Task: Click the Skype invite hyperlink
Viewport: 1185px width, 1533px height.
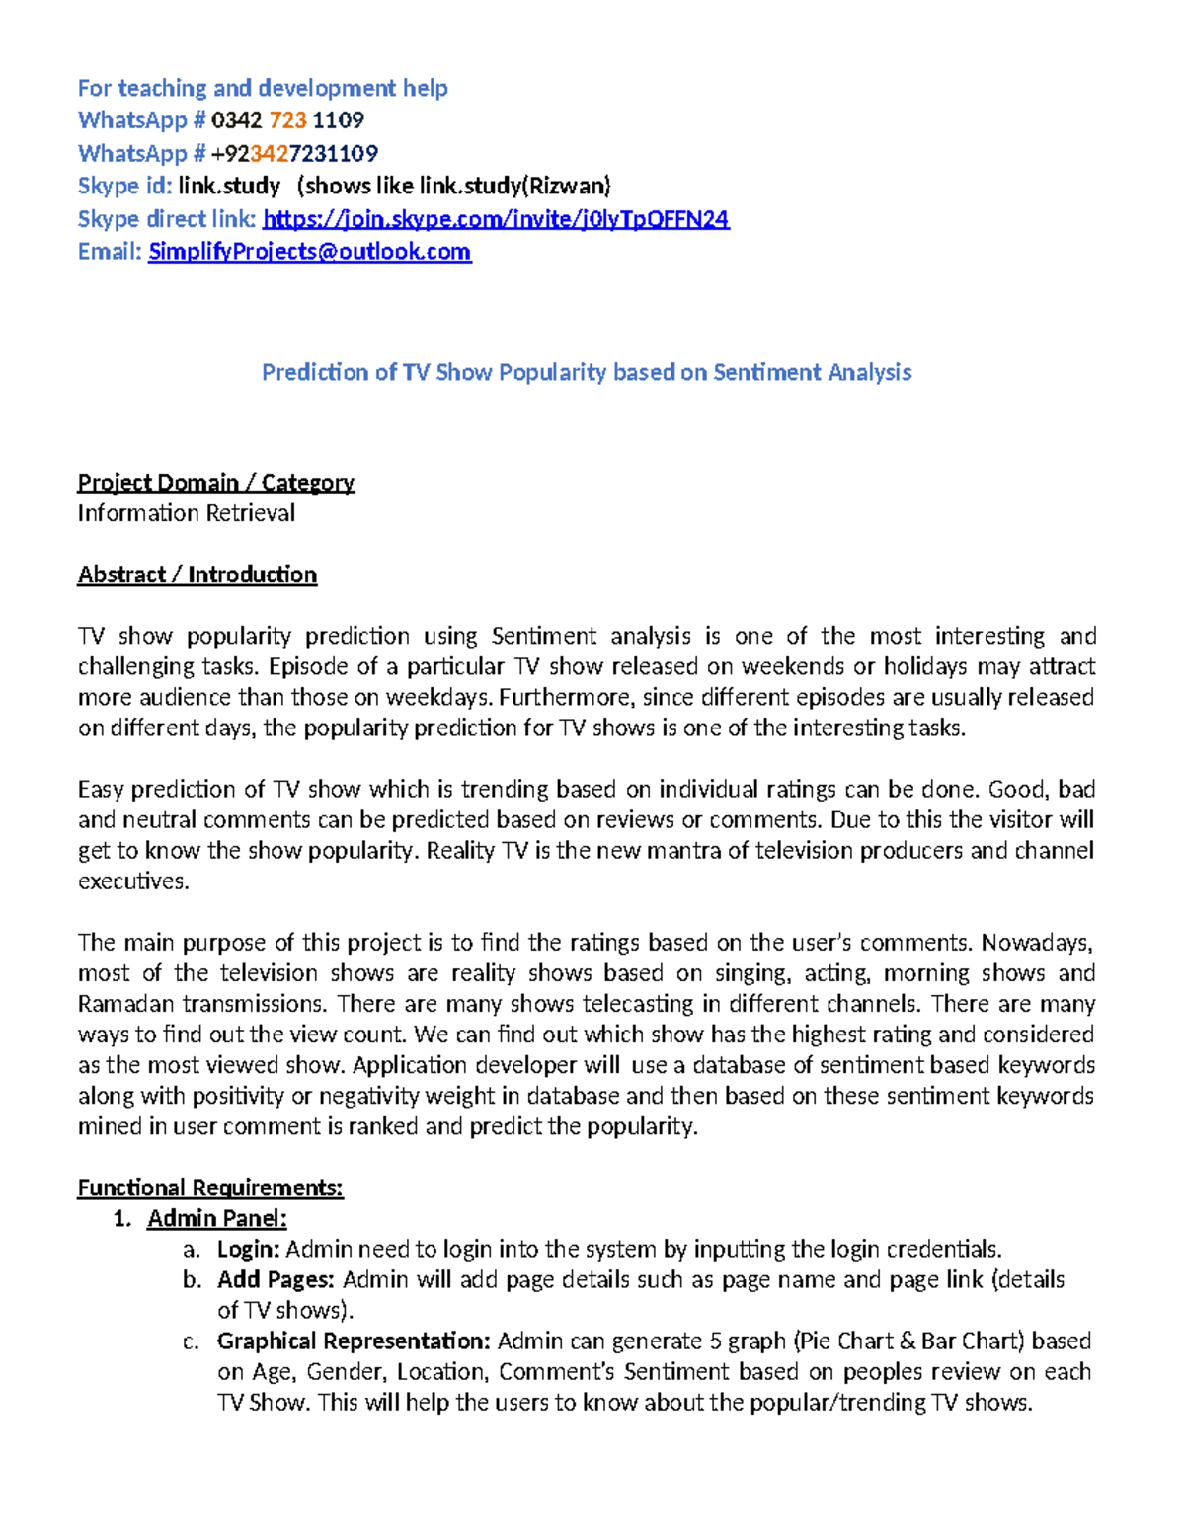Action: click(496, 219)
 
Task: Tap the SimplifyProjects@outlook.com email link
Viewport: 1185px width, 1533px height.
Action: click(309, 252)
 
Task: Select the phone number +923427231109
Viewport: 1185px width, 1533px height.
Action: click(294, 153)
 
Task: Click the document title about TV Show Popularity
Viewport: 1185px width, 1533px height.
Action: click(587, 372)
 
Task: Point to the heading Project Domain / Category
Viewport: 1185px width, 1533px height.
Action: click(215, 482)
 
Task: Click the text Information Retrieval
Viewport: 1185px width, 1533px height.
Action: click(186, 513)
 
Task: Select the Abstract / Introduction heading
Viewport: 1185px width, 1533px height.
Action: click(197, 575)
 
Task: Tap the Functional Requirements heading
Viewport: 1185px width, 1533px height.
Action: click(209, 1188)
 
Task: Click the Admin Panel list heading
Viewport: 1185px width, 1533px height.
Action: click(216, 1218)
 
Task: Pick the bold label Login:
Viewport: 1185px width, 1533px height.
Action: click(249, 1249)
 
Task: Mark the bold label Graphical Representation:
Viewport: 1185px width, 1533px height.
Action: click(354, 1341)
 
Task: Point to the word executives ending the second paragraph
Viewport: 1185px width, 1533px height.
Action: click(131, 881)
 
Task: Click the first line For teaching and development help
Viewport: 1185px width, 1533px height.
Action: click(263, 88)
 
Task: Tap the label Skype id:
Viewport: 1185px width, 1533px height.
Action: click(124, 186)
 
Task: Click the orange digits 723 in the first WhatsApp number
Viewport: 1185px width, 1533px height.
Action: click(287, 120)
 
